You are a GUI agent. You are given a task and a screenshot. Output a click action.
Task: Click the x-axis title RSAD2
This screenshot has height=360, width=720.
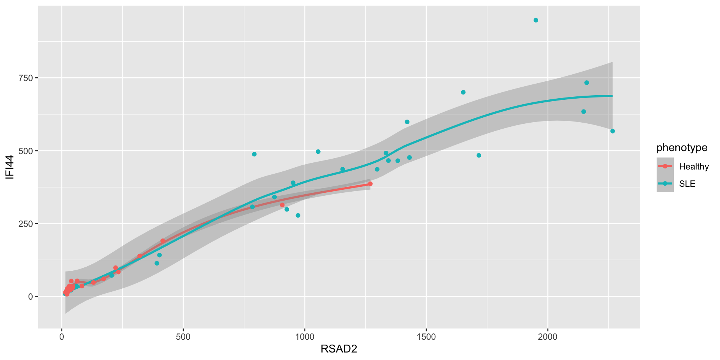(339, 349)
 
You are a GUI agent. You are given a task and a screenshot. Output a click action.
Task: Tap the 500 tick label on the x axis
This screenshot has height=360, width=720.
(183, 337)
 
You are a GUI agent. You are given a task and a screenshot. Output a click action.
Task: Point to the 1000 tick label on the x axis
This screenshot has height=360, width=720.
(304, 337)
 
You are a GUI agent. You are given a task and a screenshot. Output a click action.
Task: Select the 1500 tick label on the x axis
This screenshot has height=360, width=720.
(426, 337)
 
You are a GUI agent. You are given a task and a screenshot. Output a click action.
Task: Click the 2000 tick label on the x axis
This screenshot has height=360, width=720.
(547, 337)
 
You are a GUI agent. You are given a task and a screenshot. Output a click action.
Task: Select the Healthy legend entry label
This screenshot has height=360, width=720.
(694, 167)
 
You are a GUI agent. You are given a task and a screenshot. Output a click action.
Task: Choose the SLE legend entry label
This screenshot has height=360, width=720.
(687, 184)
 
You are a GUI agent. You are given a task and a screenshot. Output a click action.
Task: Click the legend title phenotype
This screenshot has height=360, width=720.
(682, 148)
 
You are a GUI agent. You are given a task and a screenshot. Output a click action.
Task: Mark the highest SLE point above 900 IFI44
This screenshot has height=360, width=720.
(536, 20)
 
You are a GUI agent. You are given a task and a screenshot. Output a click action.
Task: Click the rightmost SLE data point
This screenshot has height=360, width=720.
(612, 131)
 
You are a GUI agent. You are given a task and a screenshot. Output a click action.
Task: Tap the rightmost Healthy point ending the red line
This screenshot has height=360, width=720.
(370, 184)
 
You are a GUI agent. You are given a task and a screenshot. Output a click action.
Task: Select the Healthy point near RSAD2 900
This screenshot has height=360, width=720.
(282, 205)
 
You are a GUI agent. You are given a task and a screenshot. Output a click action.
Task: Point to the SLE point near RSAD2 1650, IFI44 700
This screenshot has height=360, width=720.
(463, 92)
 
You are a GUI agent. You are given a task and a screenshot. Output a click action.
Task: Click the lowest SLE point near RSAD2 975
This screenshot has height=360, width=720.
(298, 216)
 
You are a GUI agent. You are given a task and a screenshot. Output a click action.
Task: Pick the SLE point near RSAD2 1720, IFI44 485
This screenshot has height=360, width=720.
(478, 155)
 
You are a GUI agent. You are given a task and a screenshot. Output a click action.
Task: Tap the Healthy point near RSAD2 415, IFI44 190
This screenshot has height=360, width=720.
(162, 241)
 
